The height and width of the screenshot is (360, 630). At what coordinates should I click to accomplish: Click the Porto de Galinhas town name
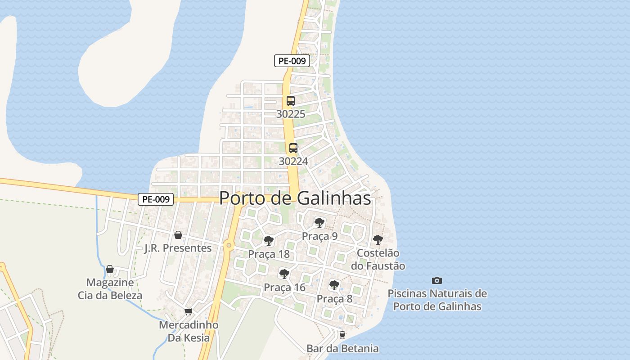coord(295,198)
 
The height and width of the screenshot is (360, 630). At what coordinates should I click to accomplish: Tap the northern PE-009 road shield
coord(292,61)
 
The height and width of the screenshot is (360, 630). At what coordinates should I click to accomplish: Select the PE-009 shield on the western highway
coord(156,199)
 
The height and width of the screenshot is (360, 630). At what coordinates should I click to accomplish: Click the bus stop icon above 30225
coord(291,101)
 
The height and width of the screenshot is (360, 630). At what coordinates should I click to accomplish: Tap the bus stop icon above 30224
coord(293,148)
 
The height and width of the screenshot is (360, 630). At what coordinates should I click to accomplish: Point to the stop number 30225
coord(291,114)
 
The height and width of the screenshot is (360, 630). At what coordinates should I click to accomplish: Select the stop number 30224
coord(293,161)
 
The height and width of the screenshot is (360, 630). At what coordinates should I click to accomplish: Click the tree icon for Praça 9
coord(319,222)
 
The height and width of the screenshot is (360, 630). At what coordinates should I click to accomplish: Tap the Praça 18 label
coord(269,254)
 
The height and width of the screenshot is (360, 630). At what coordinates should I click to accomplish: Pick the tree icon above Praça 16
coord(284,274)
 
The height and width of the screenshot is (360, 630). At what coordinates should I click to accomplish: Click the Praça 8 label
coord(334,299)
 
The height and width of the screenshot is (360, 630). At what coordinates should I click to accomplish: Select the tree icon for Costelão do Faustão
coord(378,239)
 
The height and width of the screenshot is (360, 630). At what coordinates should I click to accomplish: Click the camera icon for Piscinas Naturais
coord(437,280)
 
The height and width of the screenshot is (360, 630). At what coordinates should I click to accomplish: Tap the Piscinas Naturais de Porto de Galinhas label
coord(437,300)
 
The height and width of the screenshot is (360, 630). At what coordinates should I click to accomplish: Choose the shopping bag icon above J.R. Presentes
coord(178,235)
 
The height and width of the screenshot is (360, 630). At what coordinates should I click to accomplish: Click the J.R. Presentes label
coord(178,248)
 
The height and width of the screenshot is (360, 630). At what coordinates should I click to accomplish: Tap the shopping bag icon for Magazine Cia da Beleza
coord(110,269)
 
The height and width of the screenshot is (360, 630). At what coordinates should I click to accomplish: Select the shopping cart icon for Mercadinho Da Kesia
coord(188,311)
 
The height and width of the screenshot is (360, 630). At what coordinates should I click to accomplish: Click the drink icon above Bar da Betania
coord(342,335)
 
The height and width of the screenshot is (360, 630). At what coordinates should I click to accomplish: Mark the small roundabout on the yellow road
coord(229,245)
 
